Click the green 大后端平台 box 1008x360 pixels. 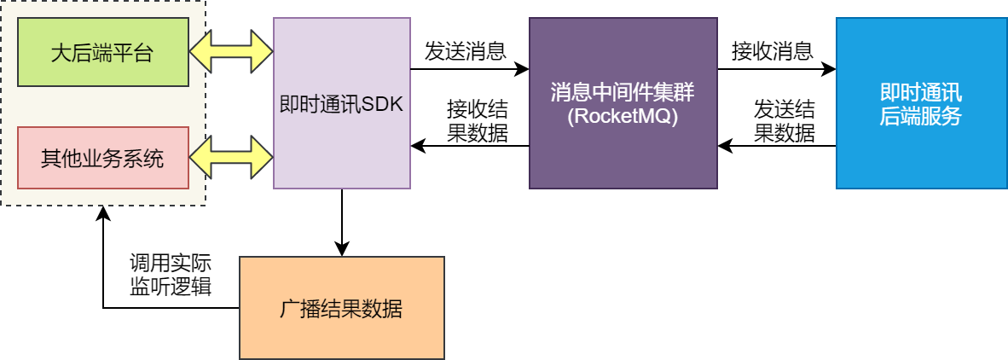pos(102,55)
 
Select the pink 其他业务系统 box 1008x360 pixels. pos(102,158)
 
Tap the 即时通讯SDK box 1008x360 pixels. pos(342,102)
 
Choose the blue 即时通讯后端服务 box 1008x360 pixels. pos(920,102)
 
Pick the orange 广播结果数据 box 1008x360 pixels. pos(341,307)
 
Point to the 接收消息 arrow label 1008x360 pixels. pos(772,51)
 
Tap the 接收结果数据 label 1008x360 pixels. pos(478,121)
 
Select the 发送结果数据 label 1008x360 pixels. pos(784,121)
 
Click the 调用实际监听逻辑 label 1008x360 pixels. pos(171,275)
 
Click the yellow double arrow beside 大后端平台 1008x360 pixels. pos(231,53)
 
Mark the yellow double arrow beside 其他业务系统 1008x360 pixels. pos(231,156)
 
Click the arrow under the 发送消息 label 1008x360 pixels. pos(469,68)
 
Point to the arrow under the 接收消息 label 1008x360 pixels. pos(776,68)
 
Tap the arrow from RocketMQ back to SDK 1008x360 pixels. pos(469,146)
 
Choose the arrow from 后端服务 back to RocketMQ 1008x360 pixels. pos(776,146)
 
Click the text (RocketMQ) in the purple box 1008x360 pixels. pos(623,118)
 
